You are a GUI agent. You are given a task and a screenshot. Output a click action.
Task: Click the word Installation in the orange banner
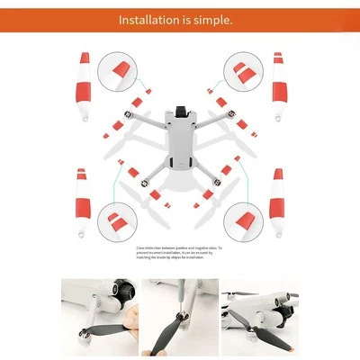pos(156,17)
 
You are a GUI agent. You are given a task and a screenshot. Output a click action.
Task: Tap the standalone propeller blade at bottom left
pos(83,203)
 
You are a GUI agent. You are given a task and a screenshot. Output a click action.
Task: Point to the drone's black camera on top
pos(180,112)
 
